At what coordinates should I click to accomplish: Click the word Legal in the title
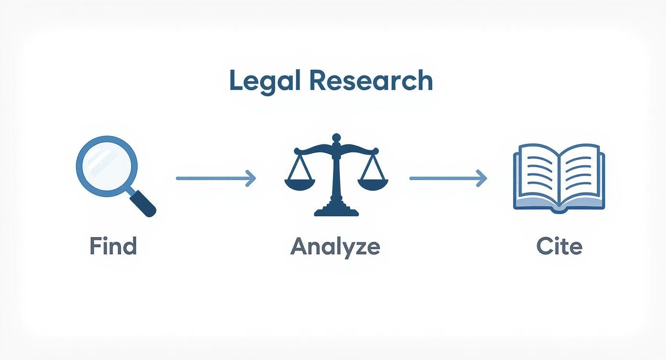coord(265,81)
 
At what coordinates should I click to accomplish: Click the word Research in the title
coord(371,81)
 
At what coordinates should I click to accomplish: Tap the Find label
coord(113,246)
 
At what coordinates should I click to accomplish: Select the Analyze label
coord(335,247)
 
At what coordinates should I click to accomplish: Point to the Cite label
coord(559,246)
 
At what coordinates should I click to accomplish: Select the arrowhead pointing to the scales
coord(251,178)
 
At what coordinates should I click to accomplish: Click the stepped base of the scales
coord(336,210)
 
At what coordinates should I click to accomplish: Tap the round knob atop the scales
coord(336,138)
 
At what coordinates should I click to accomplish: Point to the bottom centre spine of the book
coord(558,209)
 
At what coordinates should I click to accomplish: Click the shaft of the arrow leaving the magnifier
coord(211,178)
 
